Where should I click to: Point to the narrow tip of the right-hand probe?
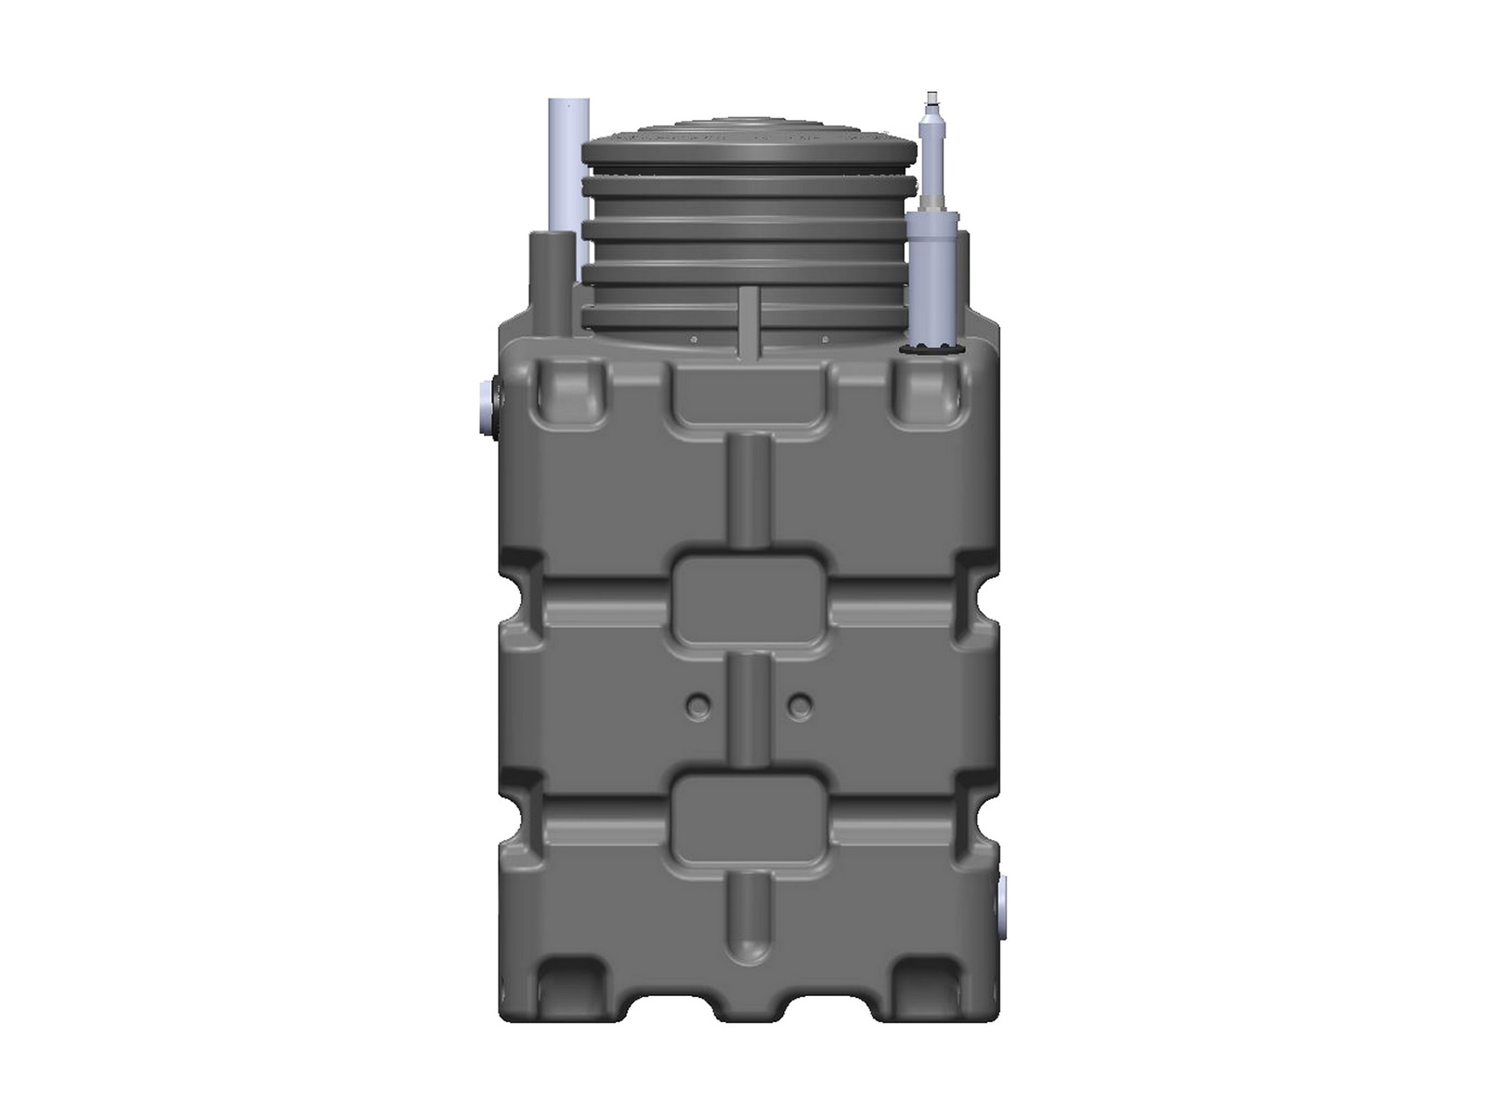tap(930, 101)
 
